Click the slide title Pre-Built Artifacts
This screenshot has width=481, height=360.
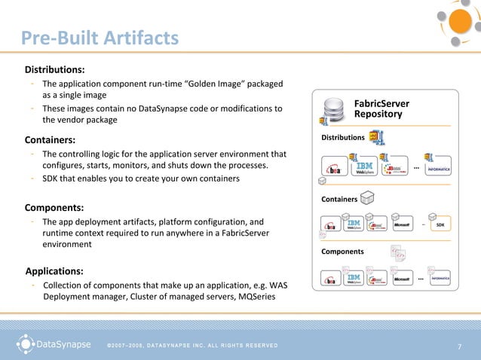100,37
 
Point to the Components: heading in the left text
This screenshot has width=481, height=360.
54,206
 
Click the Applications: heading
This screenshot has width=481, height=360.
54,270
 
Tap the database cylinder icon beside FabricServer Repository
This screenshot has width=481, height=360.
332,110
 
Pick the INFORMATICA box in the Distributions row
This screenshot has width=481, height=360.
437,169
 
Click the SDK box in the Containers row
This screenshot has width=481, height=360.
440,224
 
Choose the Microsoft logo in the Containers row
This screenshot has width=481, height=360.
400,224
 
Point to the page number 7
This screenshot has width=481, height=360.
459,346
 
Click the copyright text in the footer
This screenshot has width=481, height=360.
192,346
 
